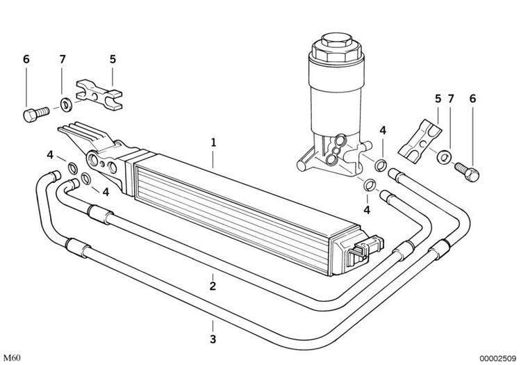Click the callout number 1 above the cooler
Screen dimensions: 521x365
tap(213, 143)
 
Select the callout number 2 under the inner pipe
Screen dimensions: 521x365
tap(213, 286)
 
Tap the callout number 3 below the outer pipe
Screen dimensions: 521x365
tap(213, 339)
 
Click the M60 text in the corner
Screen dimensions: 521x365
tap(13, 358)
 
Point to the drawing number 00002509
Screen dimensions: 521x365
tap(497, 358)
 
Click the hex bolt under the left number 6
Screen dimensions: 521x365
tap(36, 113)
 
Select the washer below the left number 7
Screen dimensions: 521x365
tap(67, 104)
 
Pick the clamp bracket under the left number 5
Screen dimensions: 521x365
tap(99, 95)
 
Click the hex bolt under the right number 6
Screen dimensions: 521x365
tap(467, 170)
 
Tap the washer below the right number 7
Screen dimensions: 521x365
tap(444, 157)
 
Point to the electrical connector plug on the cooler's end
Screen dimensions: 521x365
tap(365, 250)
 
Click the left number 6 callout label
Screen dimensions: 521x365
tap(26, 59)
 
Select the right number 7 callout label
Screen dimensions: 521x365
tap(451, 99)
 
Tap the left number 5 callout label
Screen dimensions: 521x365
tap(113, 59)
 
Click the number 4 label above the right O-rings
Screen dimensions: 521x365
tap(383, 130)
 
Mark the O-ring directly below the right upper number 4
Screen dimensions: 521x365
tap(381, 165)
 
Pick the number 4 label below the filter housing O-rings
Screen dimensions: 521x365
tap(367, 210)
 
